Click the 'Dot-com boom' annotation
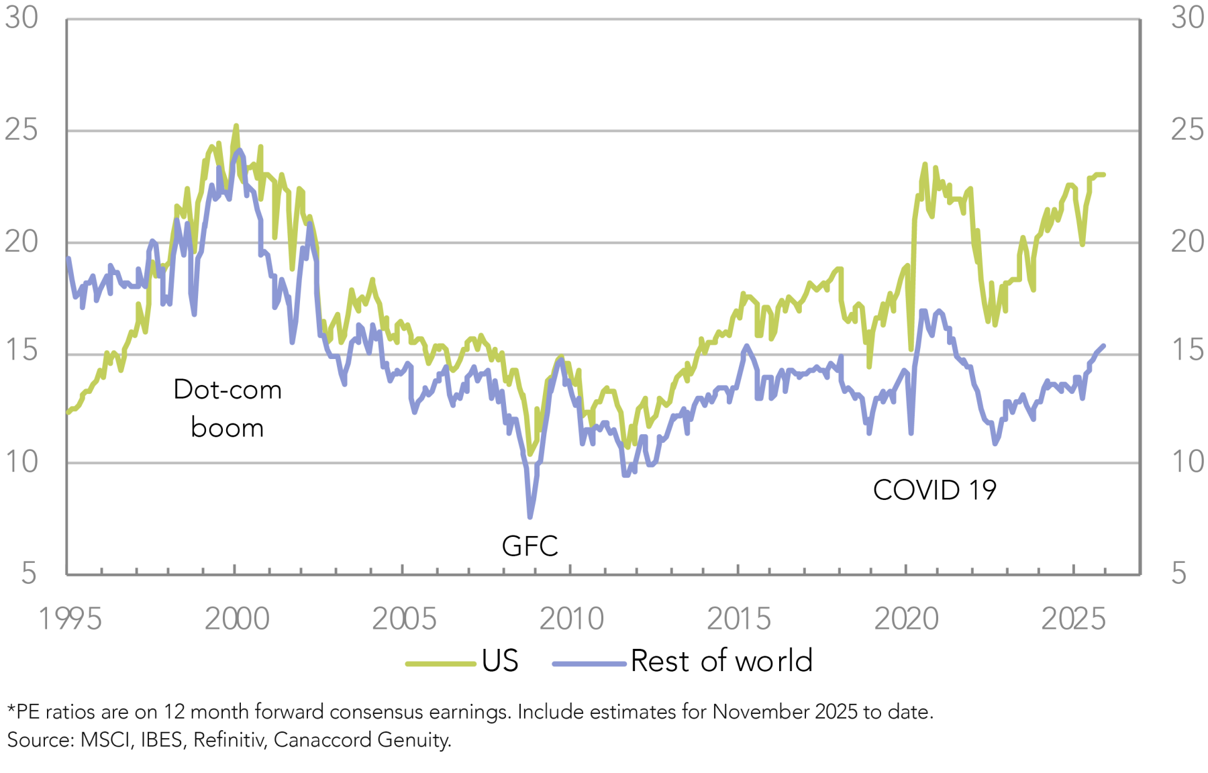pyautogui.click(x=227, y=408)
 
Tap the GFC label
pyautogui.click(x=530, y=546)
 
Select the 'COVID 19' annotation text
pyautogui.click(x=934, y=491)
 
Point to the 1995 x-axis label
pyautogui.click(x=70, y=619)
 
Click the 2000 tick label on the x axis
pyautogui.click(x=236, y=619)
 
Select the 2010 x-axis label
pyautogui.click(x=571, y=619)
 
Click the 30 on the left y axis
pyautogui.click(x=21, y=18)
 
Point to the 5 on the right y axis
pyautogui.click(x=1179, y=574)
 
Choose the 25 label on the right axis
pyautogui.click(x=1187, y=130)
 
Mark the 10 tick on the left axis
pyautogui.click(x=21, y=462)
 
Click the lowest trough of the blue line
pyautogui.click(x=530, y=517)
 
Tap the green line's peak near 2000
pyautogui.click(x=236, y=125)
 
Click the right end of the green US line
pyautogui.click(x=1104, y=174)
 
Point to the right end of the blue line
pyautogui.click(x=1104, y=346)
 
